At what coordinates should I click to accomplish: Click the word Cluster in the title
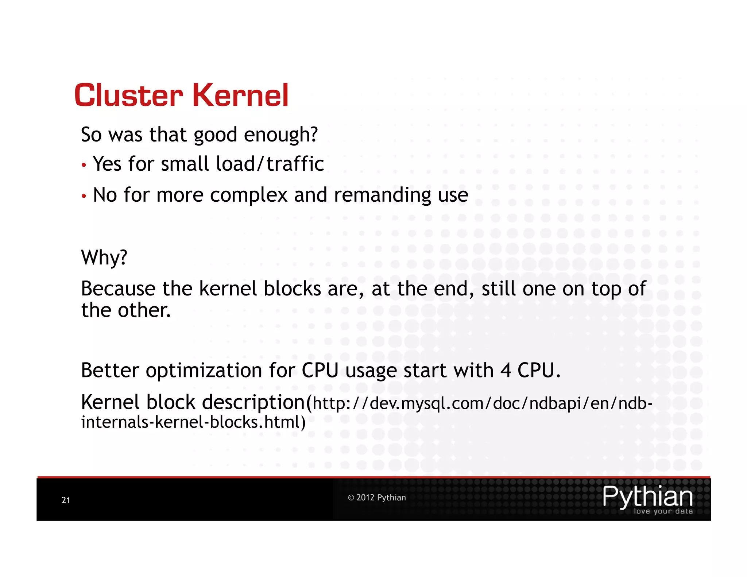(x=128, y=96)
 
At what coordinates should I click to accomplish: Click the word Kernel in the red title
(x=240, y=96)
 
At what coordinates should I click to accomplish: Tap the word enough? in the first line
(x=281, y=135)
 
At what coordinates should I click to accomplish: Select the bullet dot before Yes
(x=84, y=165)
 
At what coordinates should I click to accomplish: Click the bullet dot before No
(x=84, y=196)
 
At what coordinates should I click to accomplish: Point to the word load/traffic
(x=270, y=164)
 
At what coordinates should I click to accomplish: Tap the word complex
(x=249, y=195)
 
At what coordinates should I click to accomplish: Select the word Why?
(x=104, y=257)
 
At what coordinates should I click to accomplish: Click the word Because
(x=118, y=288)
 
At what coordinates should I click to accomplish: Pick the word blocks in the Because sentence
(x=292, y=288)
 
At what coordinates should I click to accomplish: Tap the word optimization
(x=204, y=371)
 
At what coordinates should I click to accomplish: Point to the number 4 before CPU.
(x=505, y=371)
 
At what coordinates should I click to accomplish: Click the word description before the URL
(x=253, y=403)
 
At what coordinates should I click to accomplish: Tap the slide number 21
(x=66, y=500)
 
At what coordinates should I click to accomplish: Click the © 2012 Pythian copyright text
(x=377, y=497)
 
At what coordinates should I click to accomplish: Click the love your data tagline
(x=663, y=511)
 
